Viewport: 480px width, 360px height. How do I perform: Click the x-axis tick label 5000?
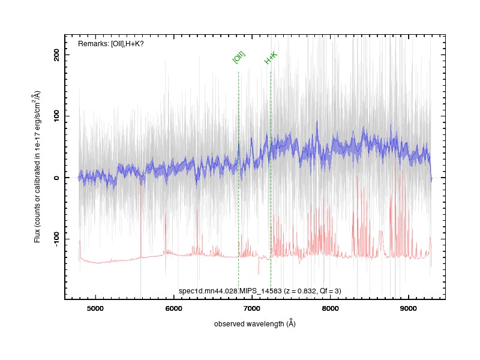pos(95,308)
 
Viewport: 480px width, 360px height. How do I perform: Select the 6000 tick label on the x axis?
pos(173,308)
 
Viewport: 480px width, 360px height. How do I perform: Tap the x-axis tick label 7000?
pos(252,308)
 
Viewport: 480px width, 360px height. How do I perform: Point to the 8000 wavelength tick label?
pos(331,308)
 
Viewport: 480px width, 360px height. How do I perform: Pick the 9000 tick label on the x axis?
pos(409,308)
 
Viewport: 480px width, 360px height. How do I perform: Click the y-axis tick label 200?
pos(56,55)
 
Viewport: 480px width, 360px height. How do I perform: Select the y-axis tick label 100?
pos(56,116)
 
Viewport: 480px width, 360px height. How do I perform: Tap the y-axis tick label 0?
pos(56,178)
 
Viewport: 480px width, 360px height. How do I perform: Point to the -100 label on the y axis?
pos(56,239)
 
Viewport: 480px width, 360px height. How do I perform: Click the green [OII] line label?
pos(239,57)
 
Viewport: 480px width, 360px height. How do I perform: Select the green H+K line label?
pos(271,58)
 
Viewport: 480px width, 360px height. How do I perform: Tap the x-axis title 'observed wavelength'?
pos(249,324)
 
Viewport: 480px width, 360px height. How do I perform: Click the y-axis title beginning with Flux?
pos(37,167)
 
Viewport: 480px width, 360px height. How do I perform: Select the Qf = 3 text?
pos(329,291)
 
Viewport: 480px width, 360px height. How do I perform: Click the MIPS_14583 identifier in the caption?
pos(260,291)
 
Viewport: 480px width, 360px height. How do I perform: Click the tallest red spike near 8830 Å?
pos(395,208)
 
